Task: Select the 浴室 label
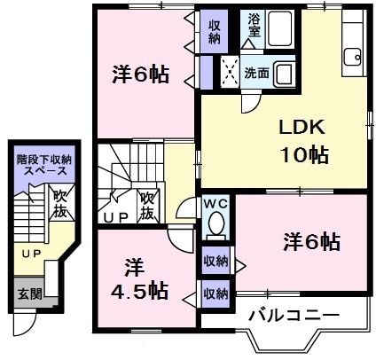(x=254, y=25)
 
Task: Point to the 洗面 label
(x=257, y=72)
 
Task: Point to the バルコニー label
(x=293, y=315)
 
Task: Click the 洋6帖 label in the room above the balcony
(x=312, y=240)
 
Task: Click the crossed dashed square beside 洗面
(x=229, y=70)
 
